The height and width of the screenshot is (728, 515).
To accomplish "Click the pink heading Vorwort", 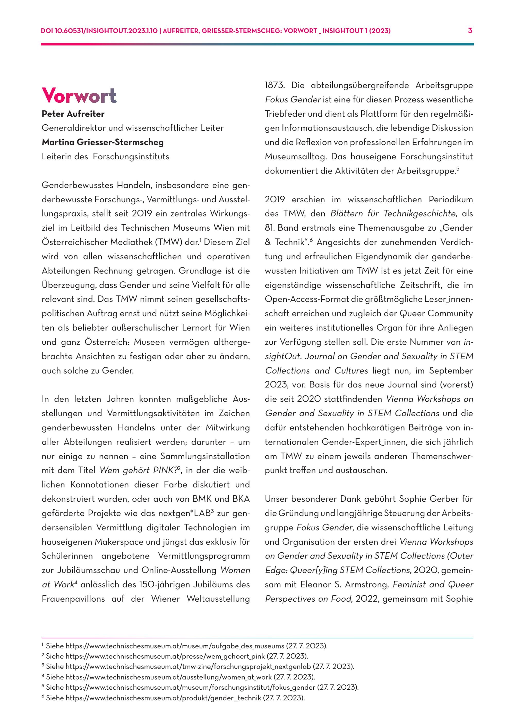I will point(79,96).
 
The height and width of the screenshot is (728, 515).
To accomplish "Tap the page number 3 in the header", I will point(470,31).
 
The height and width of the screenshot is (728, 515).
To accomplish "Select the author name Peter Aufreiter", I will point(73,114).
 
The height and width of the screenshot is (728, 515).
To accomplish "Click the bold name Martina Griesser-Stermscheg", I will point(102,142).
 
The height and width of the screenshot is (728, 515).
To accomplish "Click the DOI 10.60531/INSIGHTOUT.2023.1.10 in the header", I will point(99,31).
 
